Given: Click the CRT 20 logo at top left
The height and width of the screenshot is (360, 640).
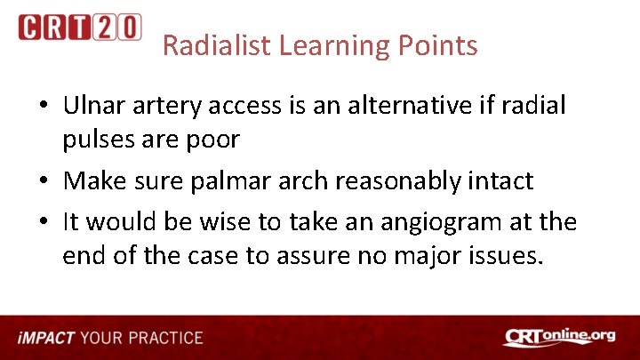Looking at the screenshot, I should pos(79,28).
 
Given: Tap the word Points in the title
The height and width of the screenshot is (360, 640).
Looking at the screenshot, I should pos(444,45).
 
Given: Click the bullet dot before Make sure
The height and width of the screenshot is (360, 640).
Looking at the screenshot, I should pos(44,181).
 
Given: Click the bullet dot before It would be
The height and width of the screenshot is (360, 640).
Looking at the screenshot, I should pos(44,220).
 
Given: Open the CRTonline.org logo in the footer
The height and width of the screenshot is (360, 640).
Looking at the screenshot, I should pos(559,337).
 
